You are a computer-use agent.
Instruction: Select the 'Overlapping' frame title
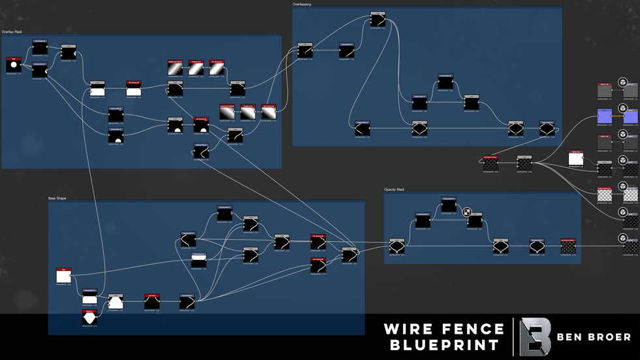pos(302,5)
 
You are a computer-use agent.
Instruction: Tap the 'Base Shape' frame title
pos(57,197)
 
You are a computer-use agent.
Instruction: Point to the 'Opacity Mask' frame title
pos(394,189)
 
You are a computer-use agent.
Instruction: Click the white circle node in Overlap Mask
pos(14,65)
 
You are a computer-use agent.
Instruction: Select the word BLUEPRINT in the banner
pos(444,344)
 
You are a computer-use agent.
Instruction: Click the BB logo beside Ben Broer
pos(535,336)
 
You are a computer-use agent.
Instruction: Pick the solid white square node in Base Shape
pos(63,276)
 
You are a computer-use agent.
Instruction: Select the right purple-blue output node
pos(631,116)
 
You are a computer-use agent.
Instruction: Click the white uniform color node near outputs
pos(575,159)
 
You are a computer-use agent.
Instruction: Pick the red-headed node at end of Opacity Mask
pos(568,246)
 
